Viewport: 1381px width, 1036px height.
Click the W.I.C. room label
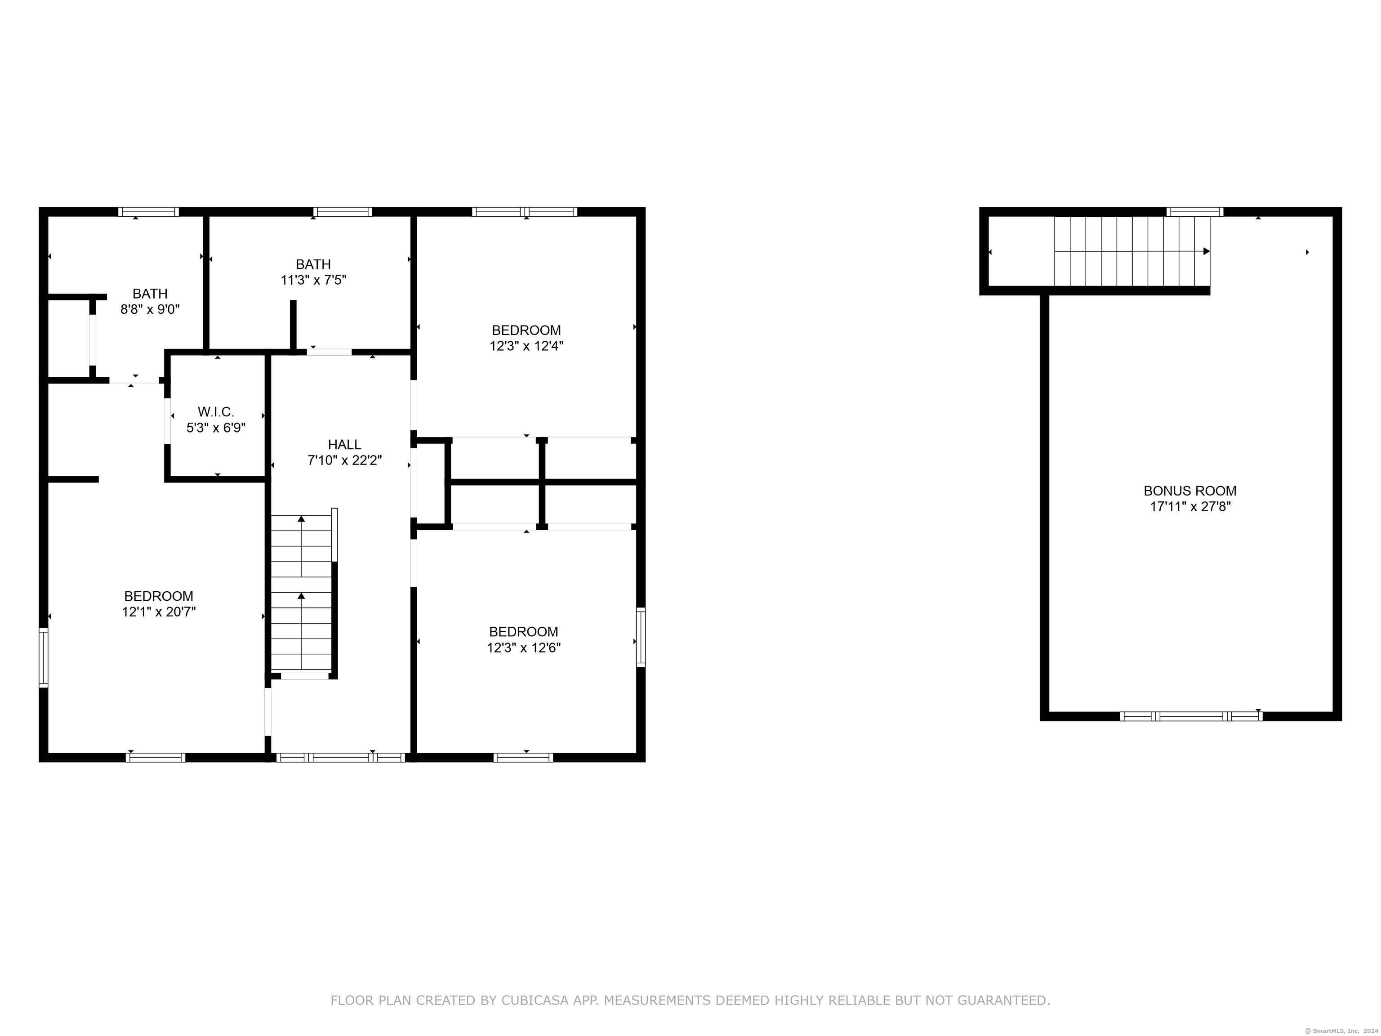coord(216,412)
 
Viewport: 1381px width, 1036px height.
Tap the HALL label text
coord(345,445)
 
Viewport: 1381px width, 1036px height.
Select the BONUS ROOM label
coord(1190,491)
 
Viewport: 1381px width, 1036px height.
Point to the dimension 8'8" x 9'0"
coord(150,309)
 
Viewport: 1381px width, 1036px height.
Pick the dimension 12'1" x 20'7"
coord(159,612)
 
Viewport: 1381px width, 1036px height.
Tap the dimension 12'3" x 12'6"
coord(524,647)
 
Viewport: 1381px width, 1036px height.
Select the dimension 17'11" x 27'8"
coord(1190,506)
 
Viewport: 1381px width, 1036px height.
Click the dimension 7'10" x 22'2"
coord(345,460)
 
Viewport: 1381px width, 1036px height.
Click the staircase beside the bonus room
coord(1132,251)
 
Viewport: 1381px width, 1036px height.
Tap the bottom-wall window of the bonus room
coord(1190,716)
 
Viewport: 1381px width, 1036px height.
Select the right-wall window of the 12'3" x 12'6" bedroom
coord(641,637)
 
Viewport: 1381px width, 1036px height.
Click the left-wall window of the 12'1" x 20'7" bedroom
coord(44,657)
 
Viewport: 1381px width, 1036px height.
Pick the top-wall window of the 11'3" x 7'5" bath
coord(343,212)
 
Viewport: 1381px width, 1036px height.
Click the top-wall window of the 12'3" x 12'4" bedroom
coord(525,212)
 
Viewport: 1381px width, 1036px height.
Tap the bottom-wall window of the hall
coord(341,758)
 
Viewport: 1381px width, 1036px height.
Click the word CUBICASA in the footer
coord(535,1000)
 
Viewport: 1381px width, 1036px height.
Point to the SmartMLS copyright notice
coord(1342,1031)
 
